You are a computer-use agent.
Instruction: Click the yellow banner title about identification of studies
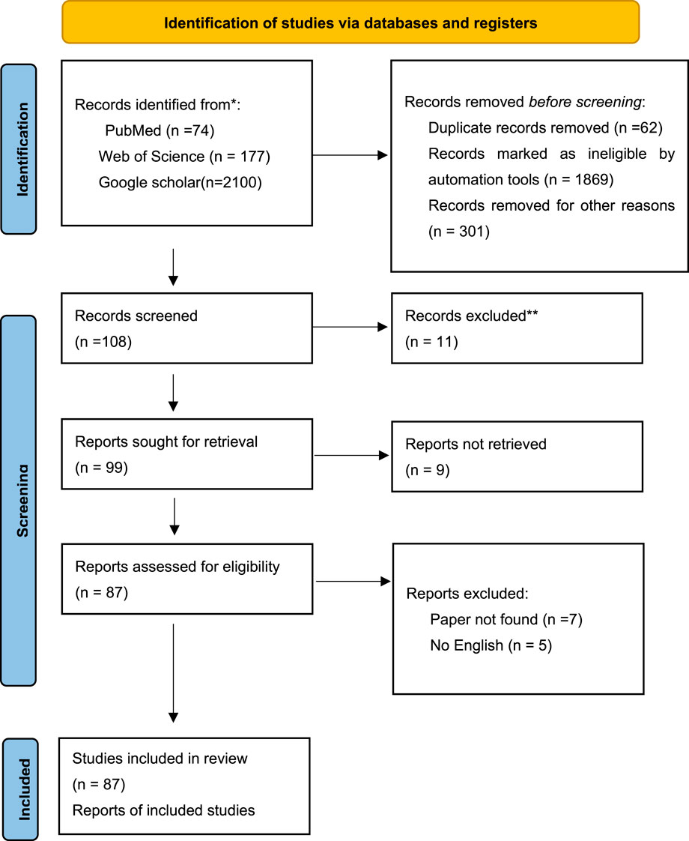350,23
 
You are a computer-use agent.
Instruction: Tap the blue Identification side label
19,149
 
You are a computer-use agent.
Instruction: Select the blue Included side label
20,789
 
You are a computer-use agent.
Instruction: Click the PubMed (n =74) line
160,130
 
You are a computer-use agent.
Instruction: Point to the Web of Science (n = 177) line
184,156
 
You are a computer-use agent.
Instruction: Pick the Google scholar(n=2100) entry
180,182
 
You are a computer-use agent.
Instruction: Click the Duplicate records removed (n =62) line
545,127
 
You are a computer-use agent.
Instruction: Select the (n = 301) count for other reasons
459,231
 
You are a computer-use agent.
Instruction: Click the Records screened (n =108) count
103,342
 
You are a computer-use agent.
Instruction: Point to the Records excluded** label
472,316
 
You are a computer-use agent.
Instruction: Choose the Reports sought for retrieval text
166,441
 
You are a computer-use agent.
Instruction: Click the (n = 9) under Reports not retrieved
428,470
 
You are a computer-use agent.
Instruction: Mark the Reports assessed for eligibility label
177,567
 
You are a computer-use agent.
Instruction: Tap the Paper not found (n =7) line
506,619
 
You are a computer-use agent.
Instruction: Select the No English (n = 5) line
491,645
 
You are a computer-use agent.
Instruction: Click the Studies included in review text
160,759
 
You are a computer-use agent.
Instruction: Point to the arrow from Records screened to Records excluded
350,327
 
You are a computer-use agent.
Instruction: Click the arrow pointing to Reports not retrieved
351,456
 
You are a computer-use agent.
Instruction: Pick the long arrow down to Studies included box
173,673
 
